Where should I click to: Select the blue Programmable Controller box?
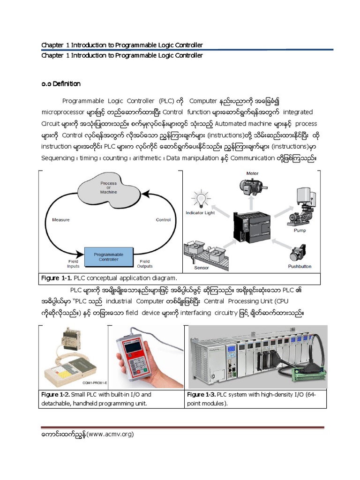[108, 257]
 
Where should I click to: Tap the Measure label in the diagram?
[61, 219]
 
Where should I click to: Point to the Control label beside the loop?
[163, 219]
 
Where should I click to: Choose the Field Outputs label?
[145, 264]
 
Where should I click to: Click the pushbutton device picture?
[299, 253]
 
